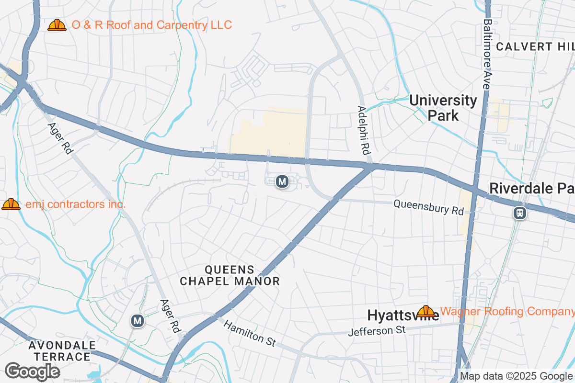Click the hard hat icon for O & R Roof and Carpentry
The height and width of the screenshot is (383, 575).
point(57,25)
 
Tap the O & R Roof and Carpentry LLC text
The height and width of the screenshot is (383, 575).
point(151,25)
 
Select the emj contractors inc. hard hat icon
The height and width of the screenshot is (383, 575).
point(11,204)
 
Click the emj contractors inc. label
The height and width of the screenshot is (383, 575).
point(75,204)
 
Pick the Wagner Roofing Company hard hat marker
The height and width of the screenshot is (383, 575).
point(425,312)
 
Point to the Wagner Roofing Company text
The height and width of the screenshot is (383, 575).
point(507,312)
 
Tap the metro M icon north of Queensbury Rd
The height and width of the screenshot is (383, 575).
point(282,181)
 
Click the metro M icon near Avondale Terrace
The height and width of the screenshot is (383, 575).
point(138,321)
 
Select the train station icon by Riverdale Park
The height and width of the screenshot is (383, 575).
point(519,213)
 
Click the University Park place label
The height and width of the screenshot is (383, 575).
point(443,108)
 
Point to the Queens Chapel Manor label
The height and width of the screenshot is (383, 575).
point(230,275)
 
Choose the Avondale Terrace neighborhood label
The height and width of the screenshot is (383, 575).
point(62,351)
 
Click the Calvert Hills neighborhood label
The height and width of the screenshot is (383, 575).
point(535,46)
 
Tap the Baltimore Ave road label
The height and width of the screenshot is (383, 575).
point(487,54)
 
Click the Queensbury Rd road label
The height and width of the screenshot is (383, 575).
point(429,207)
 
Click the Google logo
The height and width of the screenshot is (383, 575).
point(32,372)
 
